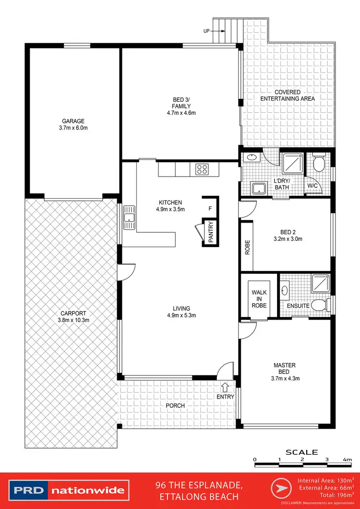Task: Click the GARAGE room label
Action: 73,121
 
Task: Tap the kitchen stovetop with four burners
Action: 202,169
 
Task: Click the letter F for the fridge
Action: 210,209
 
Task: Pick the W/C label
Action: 312,185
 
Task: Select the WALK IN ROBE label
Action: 259,299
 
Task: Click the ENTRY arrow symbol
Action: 225,387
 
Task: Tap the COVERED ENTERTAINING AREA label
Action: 288,95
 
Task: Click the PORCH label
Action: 175,405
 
